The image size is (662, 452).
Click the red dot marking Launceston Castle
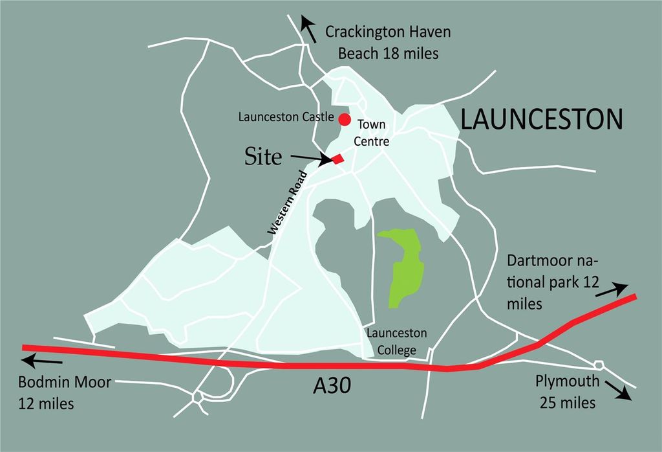click(x=345, y=119)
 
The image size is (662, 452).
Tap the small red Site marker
click(x=337, y=159)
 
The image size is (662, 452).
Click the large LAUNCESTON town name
click(x=542, y=120)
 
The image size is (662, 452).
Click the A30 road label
click(x=332, y=387)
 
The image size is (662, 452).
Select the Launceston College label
click(x=396, y=341)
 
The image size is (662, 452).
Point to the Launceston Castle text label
click(x=286, y=118)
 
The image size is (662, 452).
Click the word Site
click(x=263, y=156)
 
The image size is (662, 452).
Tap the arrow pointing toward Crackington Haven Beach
click(x=308, y=29)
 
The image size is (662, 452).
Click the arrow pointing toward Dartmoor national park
click(x=611, y=289)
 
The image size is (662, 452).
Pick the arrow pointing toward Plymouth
click(x=619, y=390)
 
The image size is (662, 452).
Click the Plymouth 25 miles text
click(x=567, y=392)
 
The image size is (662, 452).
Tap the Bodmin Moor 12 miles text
click(x=63, y=393)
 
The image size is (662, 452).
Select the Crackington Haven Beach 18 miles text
click(x=388, y=43)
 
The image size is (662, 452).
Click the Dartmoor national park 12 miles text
click(x=553, y=282)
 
